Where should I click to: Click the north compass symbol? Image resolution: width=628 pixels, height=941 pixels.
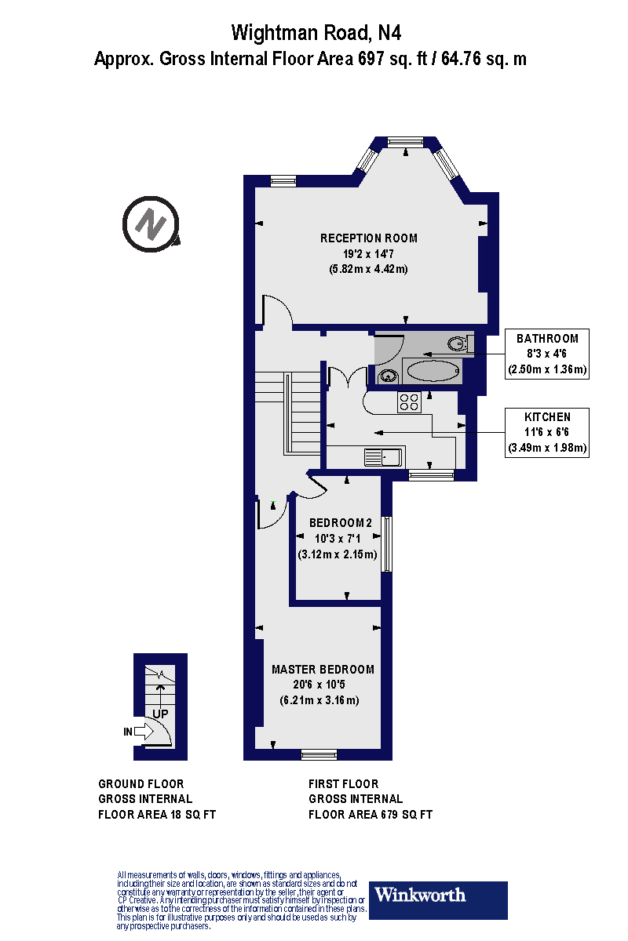152,226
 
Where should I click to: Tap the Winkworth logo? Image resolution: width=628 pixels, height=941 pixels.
438,896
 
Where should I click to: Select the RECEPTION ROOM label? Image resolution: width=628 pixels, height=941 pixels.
369,238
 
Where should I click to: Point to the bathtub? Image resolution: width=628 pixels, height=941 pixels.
432,372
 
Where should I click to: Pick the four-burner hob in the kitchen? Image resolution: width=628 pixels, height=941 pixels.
409,402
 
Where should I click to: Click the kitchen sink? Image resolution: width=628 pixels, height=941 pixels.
382,456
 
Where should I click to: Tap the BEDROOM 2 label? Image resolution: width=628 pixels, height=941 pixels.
340,523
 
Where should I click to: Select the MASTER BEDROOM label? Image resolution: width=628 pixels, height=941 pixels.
323,670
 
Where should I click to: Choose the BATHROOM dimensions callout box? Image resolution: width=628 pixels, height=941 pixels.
548,354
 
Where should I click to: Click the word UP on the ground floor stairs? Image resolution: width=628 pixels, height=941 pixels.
160,714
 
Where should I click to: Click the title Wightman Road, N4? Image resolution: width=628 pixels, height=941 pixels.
310,33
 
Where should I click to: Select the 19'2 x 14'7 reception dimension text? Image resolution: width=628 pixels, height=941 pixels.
369,254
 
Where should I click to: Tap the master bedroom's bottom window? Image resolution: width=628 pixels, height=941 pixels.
319,754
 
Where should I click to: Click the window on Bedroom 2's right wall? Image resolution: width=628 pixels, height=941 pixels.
386,543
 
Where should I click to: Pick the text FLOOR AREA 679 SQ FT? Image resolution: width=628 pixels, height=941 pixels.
371,815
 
